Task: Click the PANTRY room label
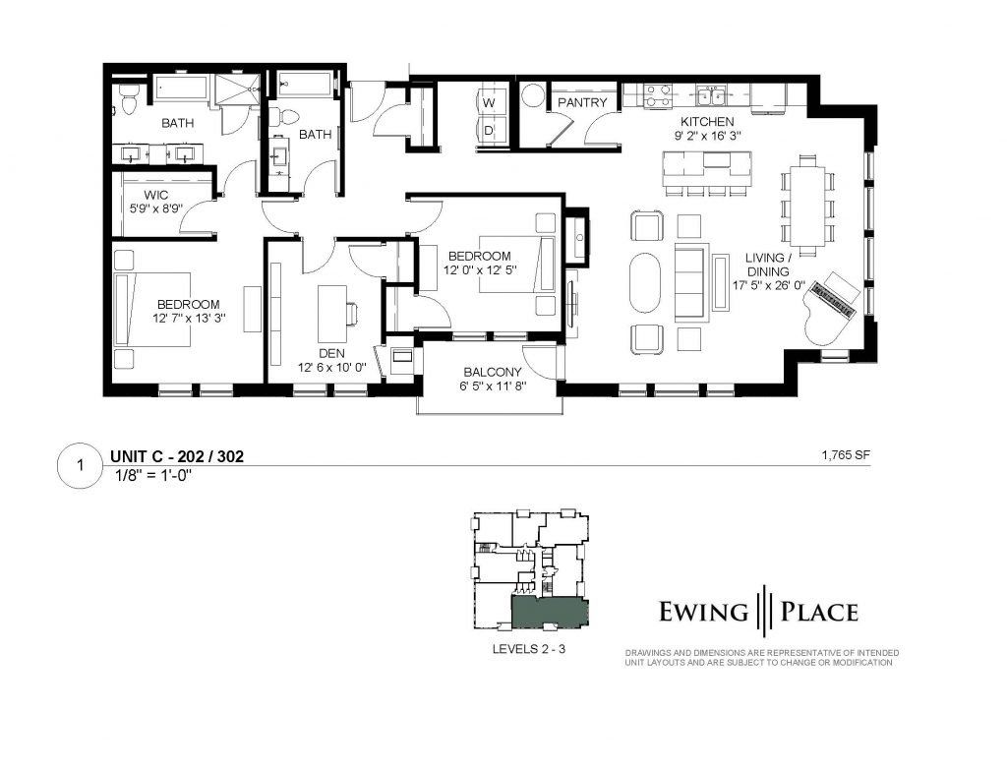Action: [582, 103]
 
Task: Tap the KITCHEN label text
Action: [707, 121]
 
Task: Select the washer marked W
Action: [490, 102]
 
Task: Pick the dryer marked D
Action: [490, 131]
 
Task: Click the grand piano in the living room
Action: [832, 309]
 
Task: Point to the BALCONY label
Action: [493, 372]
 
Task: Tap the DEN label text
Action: [331, 353]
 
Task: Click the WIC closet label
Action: [156, 196]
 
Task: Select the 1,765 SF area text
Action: [846, 455]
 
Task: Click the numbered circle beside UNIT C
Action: [80, 464]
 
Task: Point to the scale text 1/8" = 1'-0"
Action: [154, 476]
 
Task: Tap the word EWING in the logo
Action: [703, 611]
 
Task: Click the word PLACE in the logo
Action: [819, 611]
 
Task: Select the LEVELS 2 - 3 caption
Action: [528, 649]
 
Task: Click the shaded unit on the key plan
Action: [550, 611]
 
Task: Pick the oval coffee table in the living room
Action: [646, 282]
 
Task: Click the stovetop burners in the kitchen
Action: [658, 95]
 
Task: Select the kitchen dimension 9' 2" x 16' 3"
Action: [707, 136]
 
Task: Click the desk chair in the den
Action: [352, 313]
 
